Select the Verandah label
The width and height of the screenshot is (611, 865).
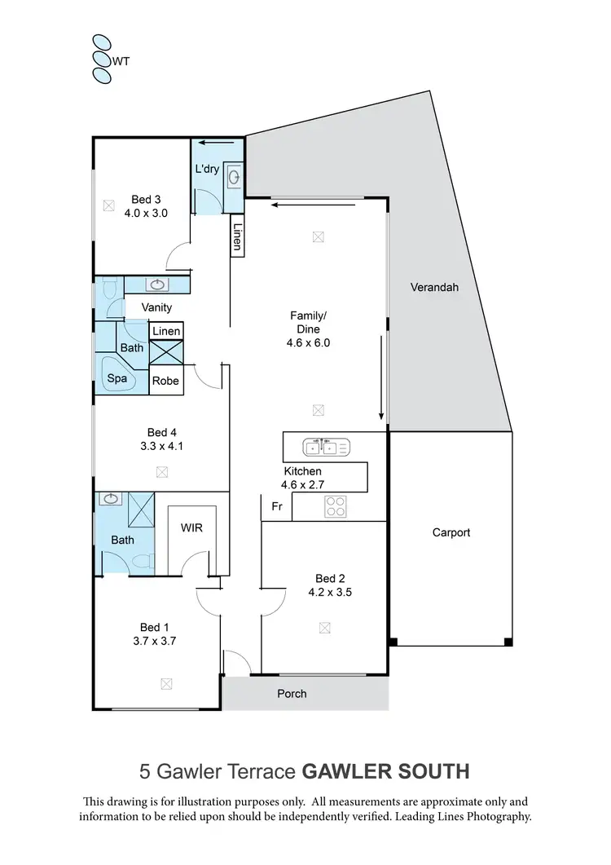[433, 287]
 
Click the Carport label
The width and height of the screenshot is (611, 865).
[451, 532]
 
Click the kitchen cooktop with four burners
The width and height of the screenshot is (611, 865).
[336, 506]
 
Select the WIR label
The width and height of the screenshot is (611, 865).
[191, 527]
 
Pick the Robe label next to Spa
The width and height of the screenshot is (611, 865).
[165, 380]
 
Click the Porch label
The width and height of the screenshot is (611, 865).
[292, 694]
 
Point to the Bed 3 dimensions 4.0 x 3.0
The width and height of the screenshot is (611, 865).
[146, 214]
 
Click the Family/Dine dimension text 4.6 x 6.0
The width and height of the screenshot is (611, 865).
[310, 343]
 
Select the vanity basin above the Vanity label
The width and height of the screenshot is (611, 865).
[157, 285]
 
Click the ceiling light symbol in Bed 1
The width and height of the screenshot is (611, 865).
[167, 684]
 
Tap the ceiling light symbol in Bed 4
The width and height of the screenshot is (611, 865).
[162, 472]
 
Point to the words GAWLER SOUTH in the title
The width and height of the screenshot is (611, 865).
[385, 770]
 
